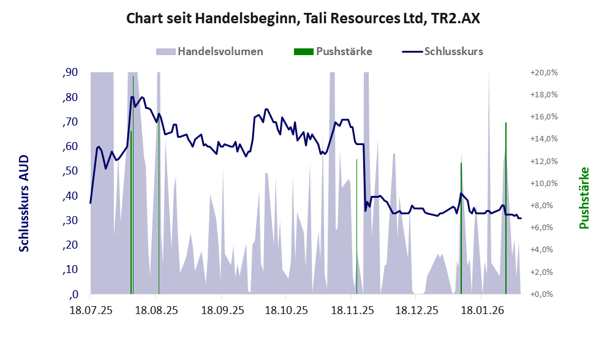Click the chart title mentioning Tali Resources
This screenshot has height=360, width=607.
(303, 18)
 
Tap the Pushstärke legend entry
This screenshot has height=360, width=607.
(344, 51)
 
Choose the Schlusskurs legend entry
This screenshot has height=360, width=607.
(453, 51)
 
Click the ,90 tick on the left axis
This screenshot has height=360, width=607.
(70, 73)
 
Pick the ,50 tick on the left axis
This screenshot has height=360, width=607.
(70, 171)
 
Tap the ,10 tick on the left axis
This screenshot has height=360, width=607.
(70, 270)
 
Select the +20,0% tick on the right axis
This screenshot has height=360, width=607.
(543, 73)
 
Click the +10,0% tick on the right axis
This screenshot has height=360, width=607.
(543, 184)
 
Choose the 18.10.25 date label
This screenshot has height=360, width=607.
(286, 310)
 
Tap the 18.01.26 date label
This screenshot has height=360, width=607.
(481, 310)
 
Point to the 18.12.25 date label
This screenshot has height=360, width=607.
(416, 310)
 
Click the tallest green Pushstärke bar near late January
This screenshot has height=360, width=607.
(506, 208)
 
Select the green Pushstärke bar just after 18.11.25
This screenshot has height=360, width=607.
(356, 227)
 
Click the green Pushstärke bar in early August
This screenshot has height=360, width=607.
(131, 214)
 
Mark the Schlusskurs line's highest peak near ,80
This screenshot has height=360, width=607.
(132, 97)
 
